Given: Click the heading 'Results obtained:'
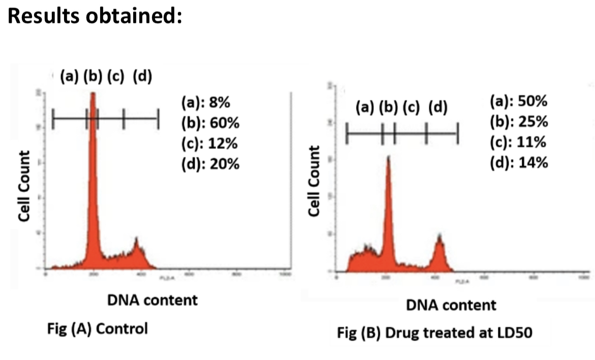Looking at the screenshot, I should tap(95, 17).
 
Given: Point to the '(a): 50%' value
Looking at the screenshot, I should tap(519, 101).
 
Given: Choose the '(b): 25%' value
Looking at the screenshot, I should tap(519, 122).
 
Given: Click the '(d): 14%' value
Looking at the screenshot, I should tap(519, 162).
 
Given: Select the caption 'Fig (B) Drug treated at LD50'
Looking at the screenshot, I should tap(435, 334).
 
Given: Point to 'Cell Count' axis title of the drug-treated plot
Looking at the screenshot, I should tap(315, 181).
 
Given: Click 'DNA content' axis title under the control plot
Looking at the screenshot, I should tap(152, 300).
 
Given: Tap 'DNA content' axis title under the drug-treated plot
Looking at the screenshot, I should tap(451, 305).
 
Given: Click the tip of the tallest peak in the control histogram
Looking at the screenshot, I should tap(93, 94).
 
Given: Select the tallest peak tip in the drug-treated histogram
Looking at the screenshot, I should tap(388, 157).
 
